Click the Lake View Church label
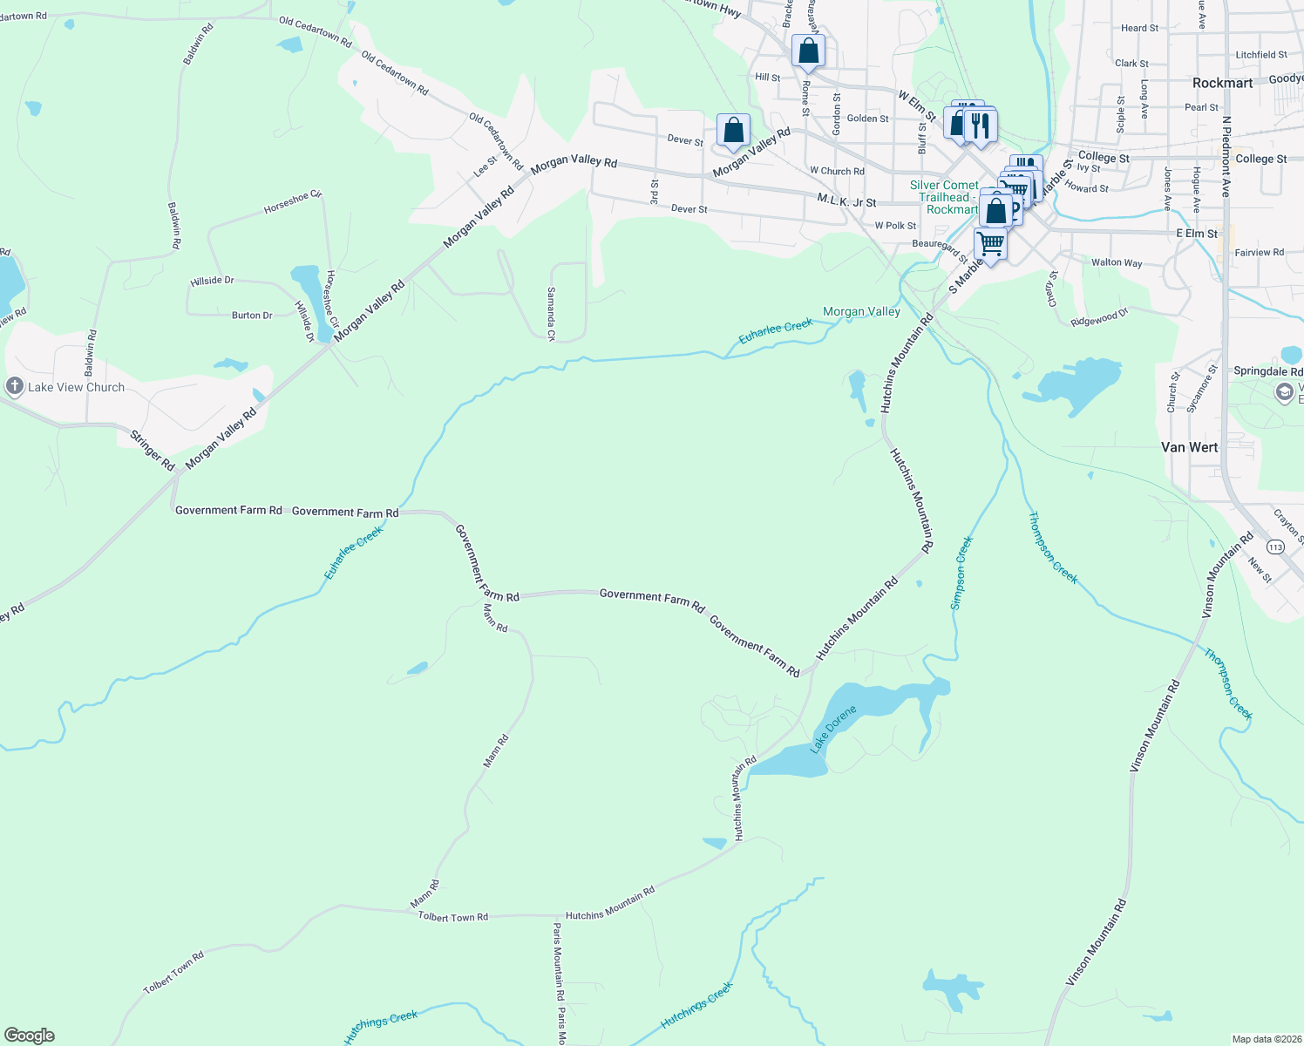pos(77,387)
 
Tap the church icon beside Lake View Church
pos(14,387)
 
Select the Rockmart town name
pos(1222,83)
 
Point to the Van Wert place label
pos(1189,447)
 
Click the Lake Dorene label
pos(833,729)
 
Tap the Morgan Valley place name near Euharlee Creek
pos(861,311)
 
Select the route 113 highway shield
pos(1276,547)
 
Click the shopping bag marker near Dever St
pos(734,131)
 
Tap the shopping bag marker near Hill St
pos(808,51)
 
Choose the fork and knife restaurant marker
pos(981,125)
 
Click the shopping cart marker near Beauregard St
pos(990,243)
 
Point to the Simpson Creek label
pos(962,573)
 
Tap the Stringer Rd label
pos(153,450)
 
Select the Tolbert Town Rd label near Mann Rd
pos(452,917)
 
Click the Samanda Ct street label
pos(551,314)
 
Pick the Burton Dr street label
pos(252,316)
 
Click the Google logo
pos(30,1036)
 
